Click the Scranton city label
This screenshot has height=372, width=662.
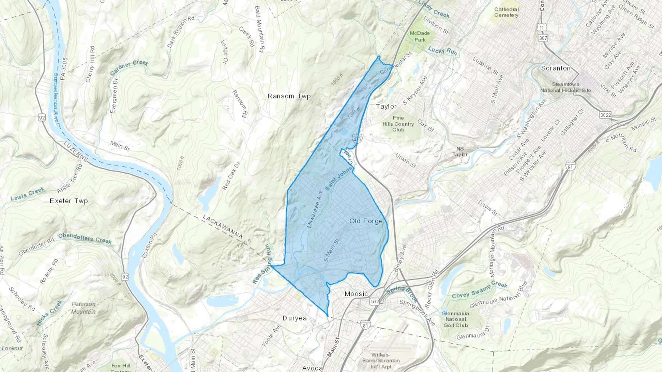point(556,68)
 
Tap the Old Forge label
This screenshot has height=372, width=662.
point(366,221)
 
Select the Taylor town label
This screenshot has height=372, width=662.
point(386,106)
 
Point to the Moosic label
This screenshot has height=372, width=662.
point(356,294)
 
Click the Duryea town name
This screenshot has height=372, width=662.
point(295,318)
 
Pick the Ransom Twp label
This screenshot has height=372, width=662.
point(289,96)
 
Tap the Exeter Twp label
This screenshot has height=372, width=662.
point(69,201)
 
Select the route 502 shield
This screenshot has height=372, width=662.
point(375,301)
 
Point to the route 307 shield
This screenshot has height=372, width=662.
point(542,38)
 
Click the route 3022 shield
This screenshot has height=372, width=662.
point(605,115)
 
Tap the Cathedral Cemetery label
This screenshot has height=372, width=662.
point(506,12)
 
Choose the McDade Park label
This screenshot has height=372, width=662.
point(420,36)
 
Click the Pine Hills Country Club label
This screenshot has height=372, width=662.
point(398,124)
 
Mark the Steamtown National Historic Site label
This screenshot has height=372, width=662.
point(566,87)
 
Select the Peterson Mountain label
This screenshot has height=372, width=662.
point(83,308)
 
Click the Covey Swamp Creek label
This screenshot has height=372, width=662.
point(480,290)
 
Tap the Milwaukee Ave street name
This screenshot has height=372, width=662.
point(315,209)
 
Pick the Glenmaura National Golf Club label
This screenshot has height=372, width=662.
point(456,319)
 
